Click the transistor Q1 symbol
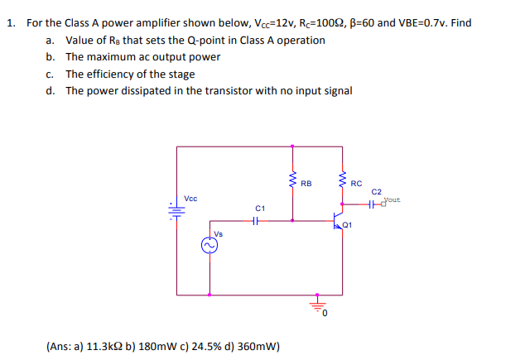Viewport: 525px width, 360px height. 339,222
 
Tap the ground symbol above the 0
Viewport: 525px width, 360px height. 315,304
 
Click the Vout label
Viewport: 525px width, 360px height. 392,199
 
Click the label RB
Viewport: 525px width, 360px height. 306,183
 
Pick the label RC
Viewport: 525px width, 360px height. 356,183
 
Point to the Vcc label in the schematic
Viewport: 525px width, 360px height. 190,199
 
